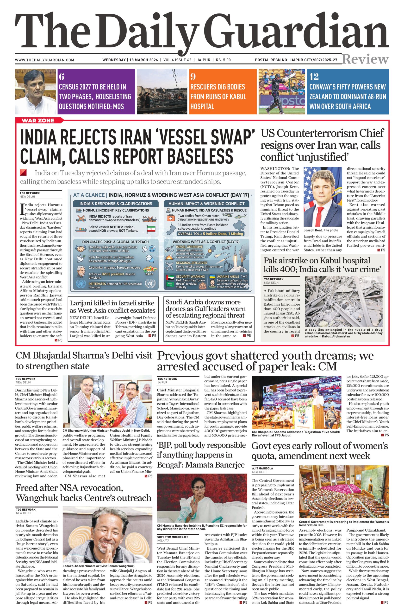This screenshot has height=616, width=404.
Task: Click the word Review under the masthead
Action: [x=365, y=59]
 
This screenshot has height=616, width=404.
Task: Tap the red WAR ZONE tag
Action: [x=38, y=120]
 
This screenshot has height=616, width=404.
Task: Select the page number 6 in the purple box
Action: [x=62, y=77]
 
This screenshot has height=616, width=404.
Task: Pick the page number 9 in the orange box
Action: [x=193, y=77]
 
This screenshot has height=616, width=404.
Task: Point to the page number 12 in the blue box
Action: [x=314, y=77]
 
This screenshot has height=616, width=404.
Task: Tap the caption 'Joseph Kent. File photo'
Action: [x=321, y=230]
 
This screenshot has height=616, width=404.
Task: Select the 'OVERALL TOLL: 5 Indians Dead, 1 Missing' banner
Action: [x=210, y=234]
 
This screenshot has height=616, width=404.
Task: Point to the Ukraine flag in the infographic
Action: [x=212, y=277]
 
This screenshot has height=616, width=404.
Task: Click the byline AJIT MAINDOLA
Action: [x=263, y=468]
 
